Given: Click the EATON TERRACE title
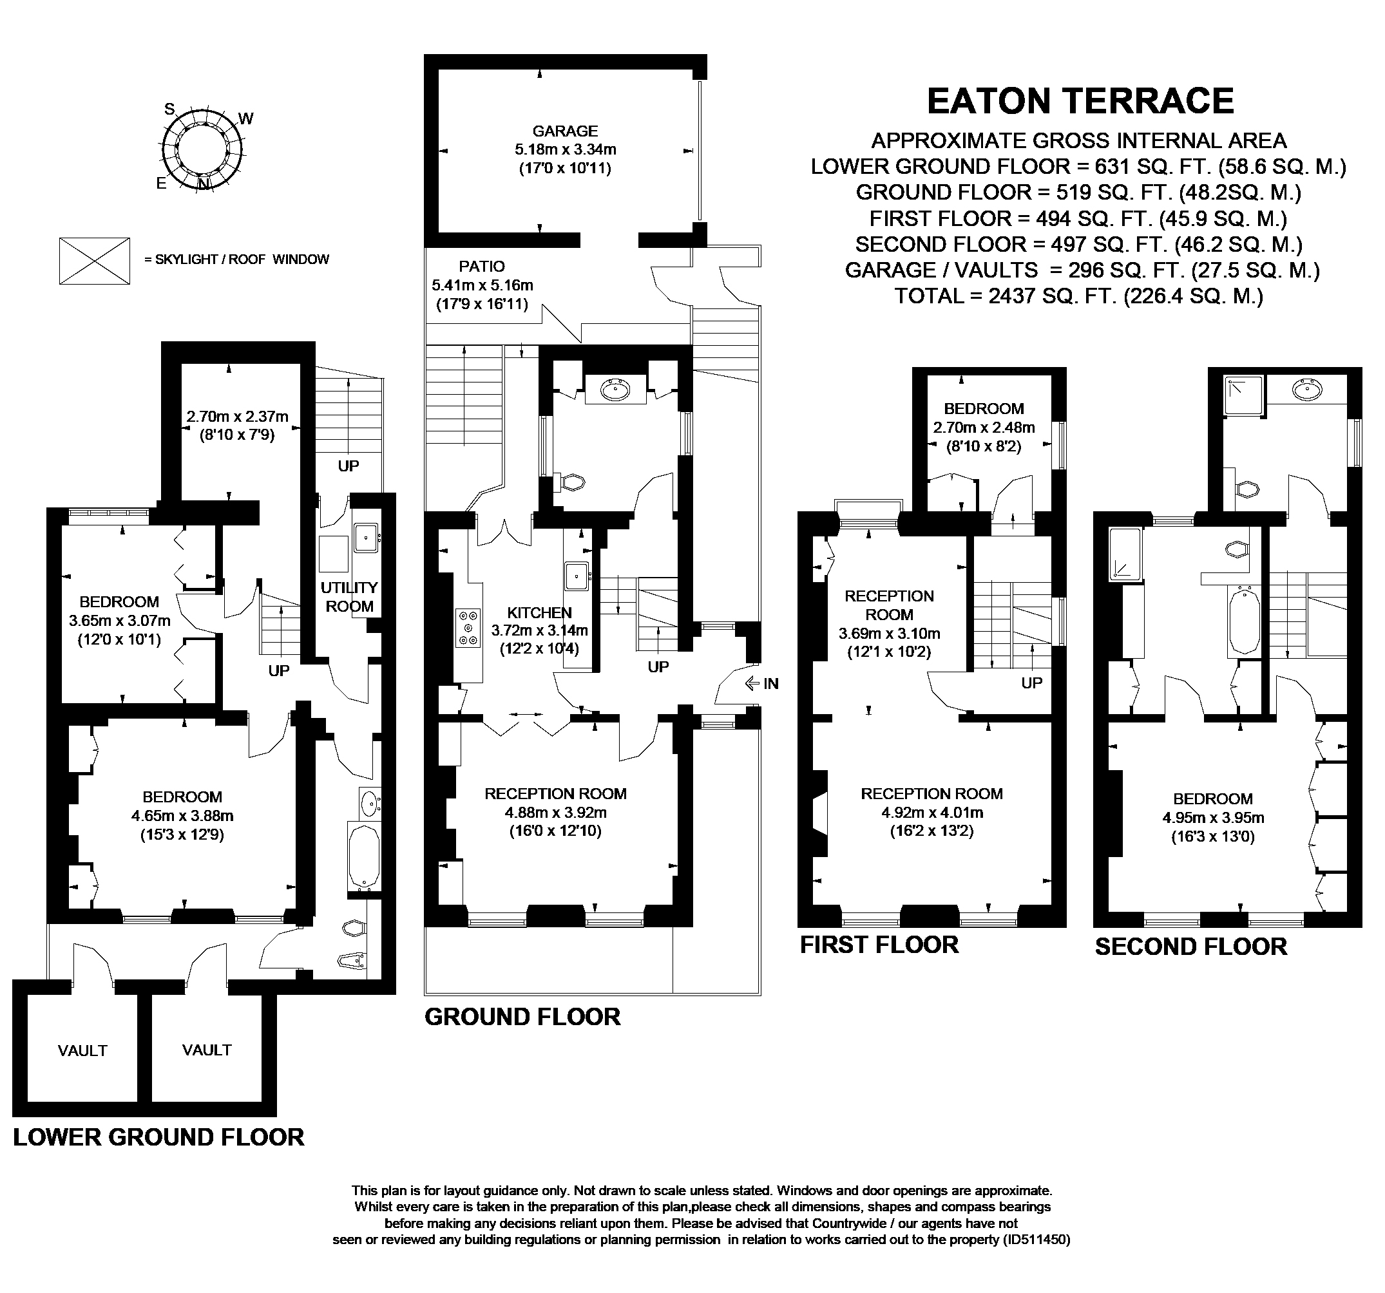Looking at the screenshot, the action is pyautogui.click(x=1080, y=102).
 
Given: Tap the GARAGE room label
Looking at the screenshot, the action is pyautogui.click(x=565, y=131).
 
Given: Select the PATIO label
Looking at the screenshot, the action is pyautogui.click(x=481, y=266).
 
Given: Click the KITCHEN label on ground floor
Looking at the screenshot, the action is pyautogui.click(x=539, y=613).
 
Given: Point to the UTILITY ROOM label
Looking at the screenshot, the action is pyautogui.click(x=349, y=597).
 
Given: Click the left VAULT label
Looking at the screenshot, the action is pyautogui.click(x=82, y=1051).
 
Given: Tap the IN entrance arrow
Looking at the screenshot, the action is pyautogui.click(x=752, y=684).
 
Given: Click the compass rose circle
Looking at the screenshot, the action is pyautogui.click(x=204, y=149).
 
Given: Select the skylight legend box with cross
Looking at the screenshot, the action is pyautogui.click(x=95, y=261).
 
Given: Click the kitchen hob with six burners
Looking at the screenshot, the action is pyautogui.click(x=468, y=627).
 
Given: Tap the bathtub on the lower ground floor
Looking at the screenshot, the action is pyautogui.click(x=364, y=857).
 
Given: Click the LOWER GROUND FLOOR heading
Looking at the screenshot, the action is pyautogui.click(x=159, y=1137).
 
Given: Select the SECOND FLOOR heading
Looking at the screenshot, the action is pyautogui.click(x=1191, y=947).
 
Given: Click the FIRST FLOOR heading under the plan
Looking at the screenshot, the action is pyautogui.click(x=879, y=945).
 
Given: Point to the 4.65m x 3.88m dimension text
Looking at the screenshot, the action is pyautogui.click(x=182, y=815).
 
